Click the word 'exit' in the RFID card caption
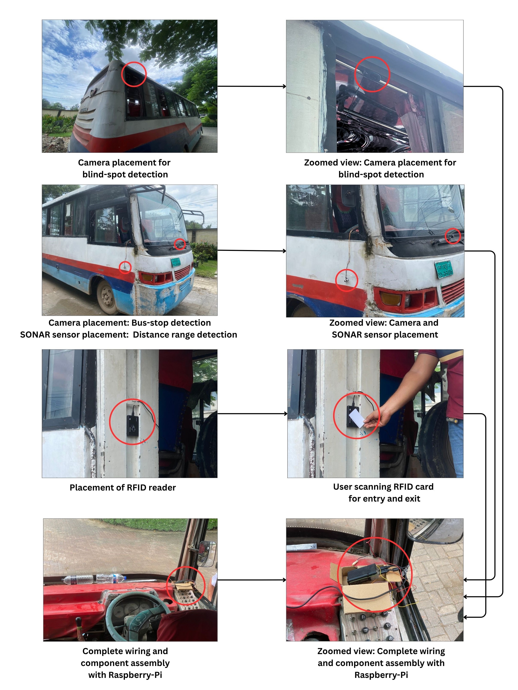coord(412,498)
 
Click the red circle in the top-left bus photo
coord(133,74)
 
